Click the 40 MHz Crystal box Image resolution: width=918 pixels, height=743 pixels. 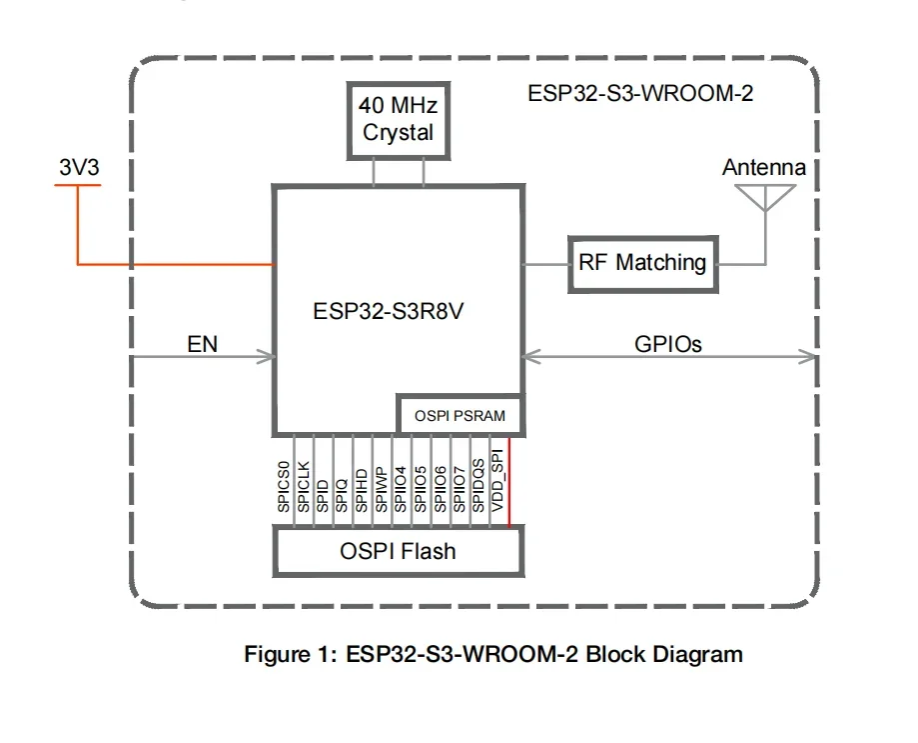(x=399, y=119)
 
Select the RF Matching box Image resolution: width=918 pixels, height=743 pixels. (x=642, y=264)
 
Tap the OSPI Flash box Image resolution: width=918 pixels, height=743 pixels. (x=399, y=550)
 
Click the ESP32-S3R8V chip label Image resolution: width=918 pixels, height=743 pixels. (x=390, y=311)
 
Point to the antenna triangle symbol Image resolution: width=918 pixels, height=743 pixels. (x=764, y=197)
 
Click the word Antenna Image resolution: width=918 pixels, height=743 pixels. (x=763, y=168)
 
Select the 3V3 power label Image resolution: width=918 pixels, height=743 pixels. (x=79, y=169)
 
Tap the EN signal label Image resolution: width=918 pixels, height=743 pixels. (x=203, y=345)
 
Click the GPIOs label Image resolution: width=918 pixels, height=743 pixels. (x=668, y=345)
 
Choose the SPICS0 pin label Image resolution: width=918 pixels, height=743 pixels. (x=285, y=486)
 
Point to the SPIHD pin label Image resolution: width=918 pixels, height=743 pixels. (x=363, y=487)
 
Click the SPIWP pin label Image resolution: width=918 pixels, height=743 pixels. (x=382, y=487)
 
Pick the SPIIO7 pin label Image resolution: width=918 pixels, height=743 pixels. (x=459, y=487)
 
